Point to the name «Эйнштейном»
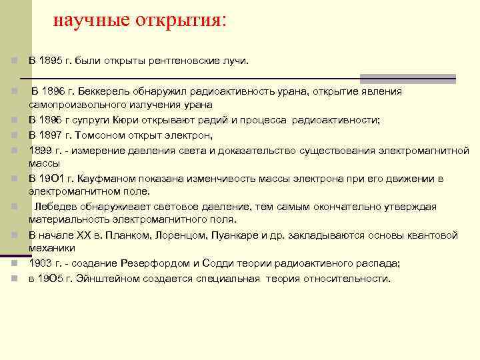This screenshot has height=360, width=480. click(x=101, y=279)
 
